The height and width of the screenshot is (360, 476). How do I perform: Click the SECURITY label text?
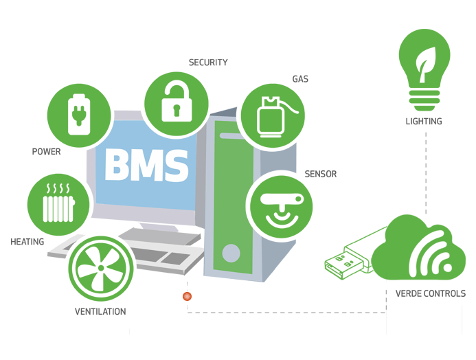208,63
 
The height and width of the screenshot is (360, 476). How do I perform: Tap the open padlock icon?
177,102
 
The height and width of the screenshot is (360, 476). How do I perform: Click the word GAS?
300,79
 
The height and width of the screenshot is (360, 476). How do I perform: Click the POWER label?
46,151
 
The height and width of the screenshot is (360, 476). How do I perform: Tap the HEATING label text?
27,242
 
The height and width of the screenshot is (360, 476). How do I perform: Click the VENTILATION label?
100,311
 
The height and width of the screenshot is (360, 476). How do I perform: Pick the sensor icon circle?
280,204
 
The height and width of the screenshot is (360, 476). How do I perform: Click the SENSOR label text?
321,174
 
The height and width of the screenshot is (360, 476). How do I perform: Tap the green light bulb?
424,68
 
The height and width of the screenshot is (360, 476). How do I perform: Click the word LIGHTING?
424,122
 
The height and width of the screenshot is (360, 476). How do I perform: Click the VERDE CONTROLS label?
431,293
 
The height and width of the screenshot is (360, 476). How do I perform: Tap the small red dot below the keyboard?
187,296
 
